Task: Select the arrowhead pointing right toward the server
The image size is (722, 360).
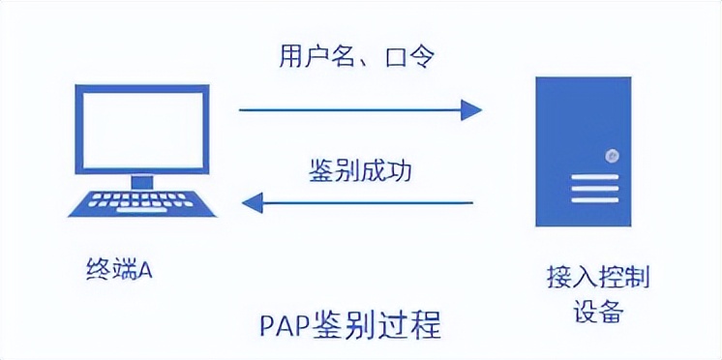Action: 470,109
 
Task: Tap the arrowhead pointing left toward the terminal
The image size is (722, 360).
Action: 252,202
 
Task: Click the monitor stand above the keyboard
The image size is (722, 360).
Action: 142,180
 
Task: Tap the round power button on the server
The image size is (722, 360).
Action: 611,155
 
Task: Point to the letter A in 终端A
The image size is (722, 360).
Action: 145,271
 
